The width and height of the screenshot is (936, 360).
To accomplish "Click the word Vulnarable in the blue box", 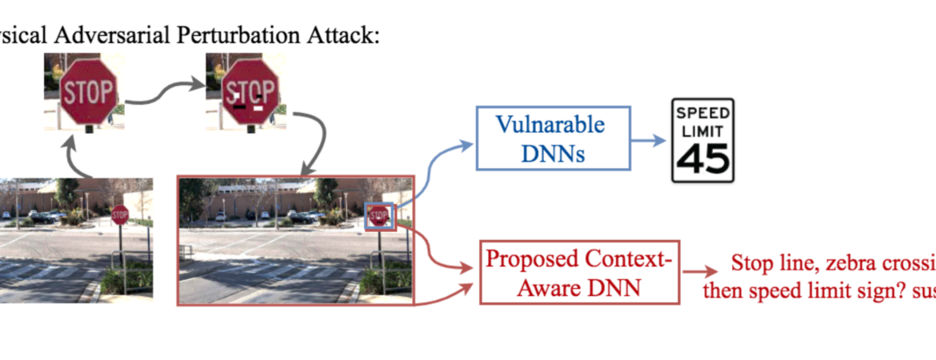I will [x=550, y=125].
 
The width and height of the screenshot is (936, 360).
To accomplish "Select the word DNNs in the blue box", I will [x=553, y=153].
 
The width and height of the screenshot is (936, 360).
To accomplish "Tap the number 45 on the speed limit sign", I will [x=702, y=160].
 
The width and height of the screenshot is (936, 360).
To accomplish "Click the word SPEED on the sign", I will [x=702, y=113].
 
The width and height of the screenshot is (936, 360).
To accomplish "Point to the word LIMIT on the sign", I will [x=702, y=130].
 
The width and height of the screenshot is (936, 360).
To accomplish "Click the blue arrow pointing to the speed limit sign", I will [x=647, y=140].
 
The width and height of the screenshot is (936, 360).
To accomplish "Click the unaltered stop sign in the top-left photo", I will [x=89, y=90].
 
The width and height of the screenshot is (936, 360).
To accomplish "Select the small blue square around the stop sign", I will [x=379, y=216].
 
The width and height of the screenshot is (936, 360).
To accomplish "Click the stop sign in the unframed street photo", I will [x=120, y=214].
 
